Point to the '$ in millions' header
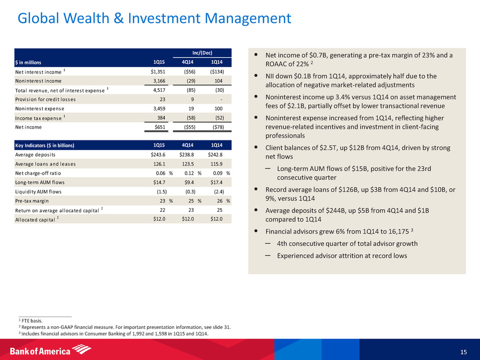coord(32,62)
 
